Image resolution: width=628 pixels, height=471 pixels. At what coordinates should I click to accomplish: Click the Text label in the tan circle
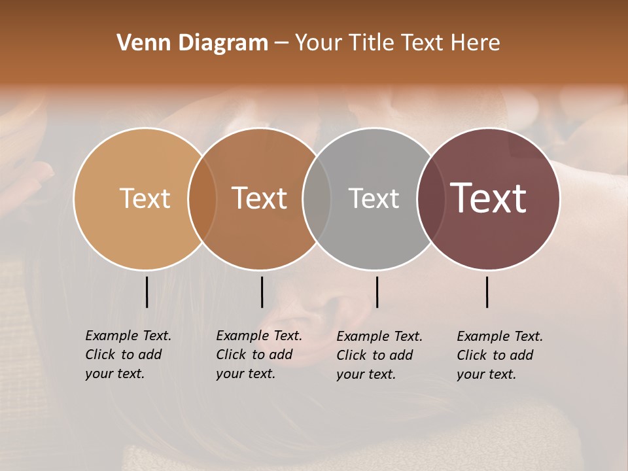pos(145,198)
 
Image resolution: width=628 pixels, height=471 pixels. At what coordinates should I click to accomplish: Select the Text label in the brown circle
pos(260,198)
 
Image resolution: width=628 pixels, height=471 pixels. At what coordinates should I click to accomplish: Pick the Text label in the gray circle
pos(374,198)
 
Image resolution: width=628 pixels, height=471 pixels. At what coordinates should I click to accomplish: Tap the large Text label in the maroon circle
pos(489,198)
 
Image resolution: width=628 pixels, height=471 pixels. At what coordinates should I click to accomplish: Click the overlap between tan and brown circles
pos(202,199)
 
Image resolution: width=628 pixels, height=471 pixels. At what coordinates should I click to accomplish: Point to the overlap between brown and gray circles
pos(317,199)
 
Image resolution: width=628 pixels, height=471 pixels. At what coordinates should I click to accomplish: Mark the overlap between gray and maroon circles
pos(431,199)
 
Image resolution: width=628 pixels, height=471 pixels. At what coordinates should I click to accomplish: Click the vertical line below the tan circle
pos(147,292)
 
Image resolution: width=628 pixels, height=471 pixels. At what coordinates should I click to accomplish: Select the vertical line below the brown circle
pos(262,292)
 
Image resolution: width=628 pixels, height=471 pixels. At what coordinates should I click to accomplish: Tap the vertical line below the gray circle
pos(377,292)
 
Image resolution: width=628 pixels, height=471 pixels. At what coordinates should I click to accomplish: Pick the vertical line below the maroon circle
pos(487,292)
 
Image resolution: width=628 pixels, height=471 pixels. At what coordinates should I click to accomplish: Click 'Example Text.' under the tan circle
pos(128,336)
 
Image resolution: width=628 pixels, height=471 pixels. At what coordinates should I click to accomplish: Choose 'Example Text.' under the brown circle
pos(259,336)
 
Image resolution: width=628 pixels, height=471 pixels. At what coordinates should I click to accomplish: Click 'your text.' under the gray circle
pos(366,374)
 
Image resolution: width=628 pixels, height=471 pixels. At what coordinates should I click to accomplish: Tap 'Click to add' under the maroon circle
pos(495,355)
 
